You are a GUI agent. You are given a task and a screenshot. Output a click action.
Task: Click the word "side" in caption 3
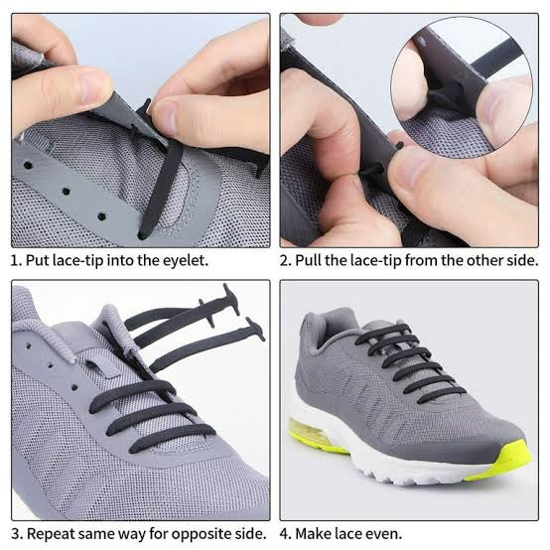(249, 533)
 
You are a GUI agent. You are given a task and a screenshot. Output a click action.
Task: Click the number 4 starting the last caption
(285, 533)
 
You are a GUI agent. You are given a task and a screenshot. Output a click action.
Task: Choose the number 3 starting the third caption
(15, 533)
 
